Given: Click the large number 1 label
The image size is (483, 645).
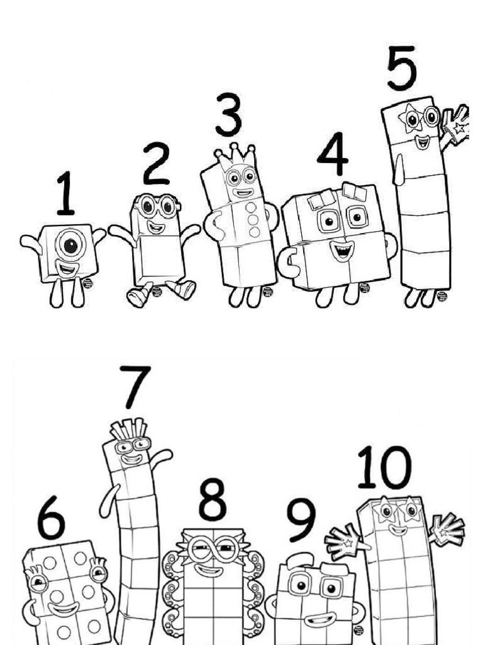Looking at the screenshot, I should click(x=66, y=193).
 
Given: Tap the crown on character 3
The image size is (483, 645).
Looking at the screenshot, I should click(x=236, y=154).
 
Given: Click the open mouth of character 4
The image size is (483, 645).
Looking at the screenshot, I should click(x=341, y=250).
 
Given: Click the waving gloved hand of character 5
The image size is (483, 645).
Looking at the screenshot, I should click(x=456, y=124).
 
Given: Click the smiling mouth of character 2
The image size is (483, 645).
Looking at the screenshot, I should click(x=155, y=227).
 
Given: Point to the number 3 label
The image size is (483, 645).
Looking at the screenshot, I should click(x=228, y=115).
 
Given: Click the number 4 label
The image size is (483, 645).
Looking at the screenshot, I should click(x=333, y=154).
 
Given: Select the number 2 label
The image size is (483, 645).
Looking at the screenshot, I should click(x=155, y=164).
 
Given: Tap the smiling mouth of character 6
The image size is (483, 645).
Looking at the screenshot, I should click(x=63, y=609).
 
